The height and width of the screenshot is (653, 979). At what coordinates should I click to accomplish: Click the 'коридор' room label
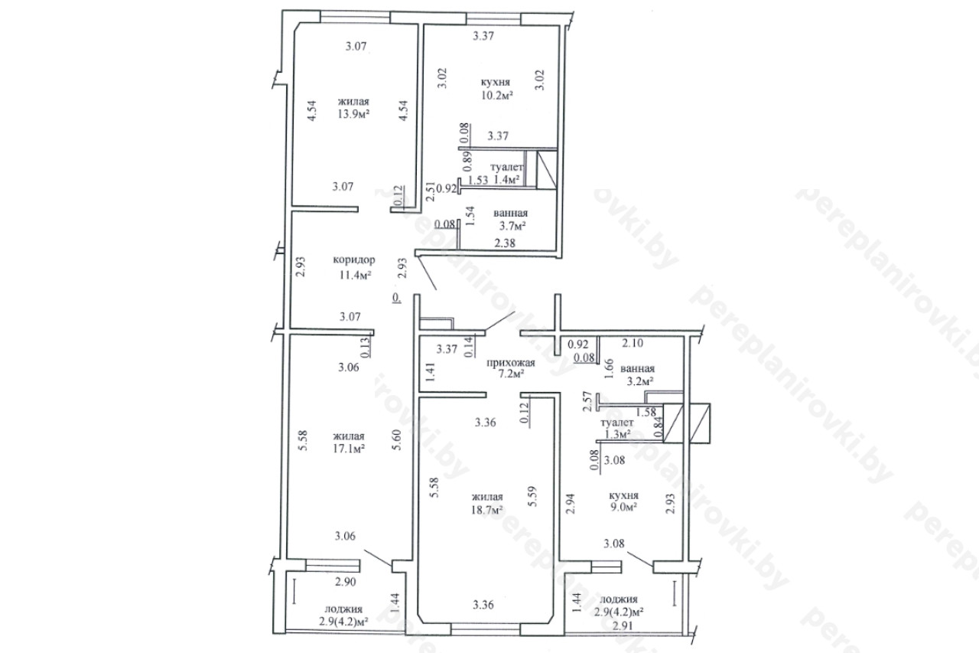(x=354, y=260)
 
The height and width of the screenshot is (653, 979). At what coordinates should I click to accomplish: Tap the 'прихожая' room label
(x=511, y=363)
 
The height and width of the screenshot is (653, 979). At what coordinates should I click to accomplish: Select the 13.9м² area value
(x=353, y=114)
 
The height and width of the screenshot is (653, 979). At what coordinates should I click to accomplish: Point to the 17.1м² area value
(x=349, y=449)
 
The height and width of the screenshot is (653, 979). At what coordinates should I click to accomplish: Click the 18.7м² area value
(x=487, y=510)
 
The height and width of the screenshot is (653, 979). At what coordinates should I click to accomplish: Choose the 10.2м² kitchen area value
(x=497, y=96)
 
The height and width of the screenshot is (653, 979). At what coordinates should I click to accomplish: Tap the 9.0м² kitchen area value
(x=623, y=507)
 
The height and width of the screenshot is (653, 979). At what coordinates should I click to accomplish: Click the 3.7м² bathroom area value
(x=512, y=226)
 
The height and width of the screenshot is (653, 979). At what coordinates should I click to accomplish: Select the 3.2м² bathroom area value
(x=640, y=381)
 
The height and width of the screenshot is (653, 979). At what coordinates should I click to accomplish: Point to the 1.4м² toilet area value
(x=506, y=179)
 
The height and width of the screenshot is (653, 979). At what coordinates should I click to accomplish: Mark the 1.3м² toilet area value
(x=617, y=434)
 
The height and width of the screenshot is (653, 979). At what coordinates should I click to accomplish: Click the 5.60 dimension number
(x=397, y=440)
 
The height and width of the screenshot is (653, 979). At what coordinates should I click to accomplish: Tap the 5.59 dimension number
(x=532, y=496)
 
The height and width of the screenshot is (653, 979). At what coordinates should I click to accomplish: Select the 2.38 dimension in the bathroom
(x=505, y=243)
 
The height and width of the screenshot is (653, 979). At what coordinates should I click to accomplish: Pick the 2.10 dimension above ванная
(x=633, y=343)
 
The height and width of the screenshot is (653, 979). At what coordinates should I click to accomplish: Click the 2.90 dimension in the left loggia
(x=345, y=582)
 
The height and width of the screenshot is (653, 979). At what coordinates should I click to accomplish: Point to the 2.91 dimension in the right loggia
(x=623, y=626)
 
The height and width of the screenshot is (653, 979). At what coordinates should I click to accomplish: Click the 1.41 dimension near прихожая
(x=431, y=372)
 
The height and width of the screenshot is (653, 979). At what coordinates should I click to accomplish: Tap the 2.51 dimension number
(x=431, y=191)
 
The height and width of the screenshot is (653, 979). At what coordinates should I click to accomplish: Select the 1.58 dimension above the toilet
(x=646, y=412)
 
